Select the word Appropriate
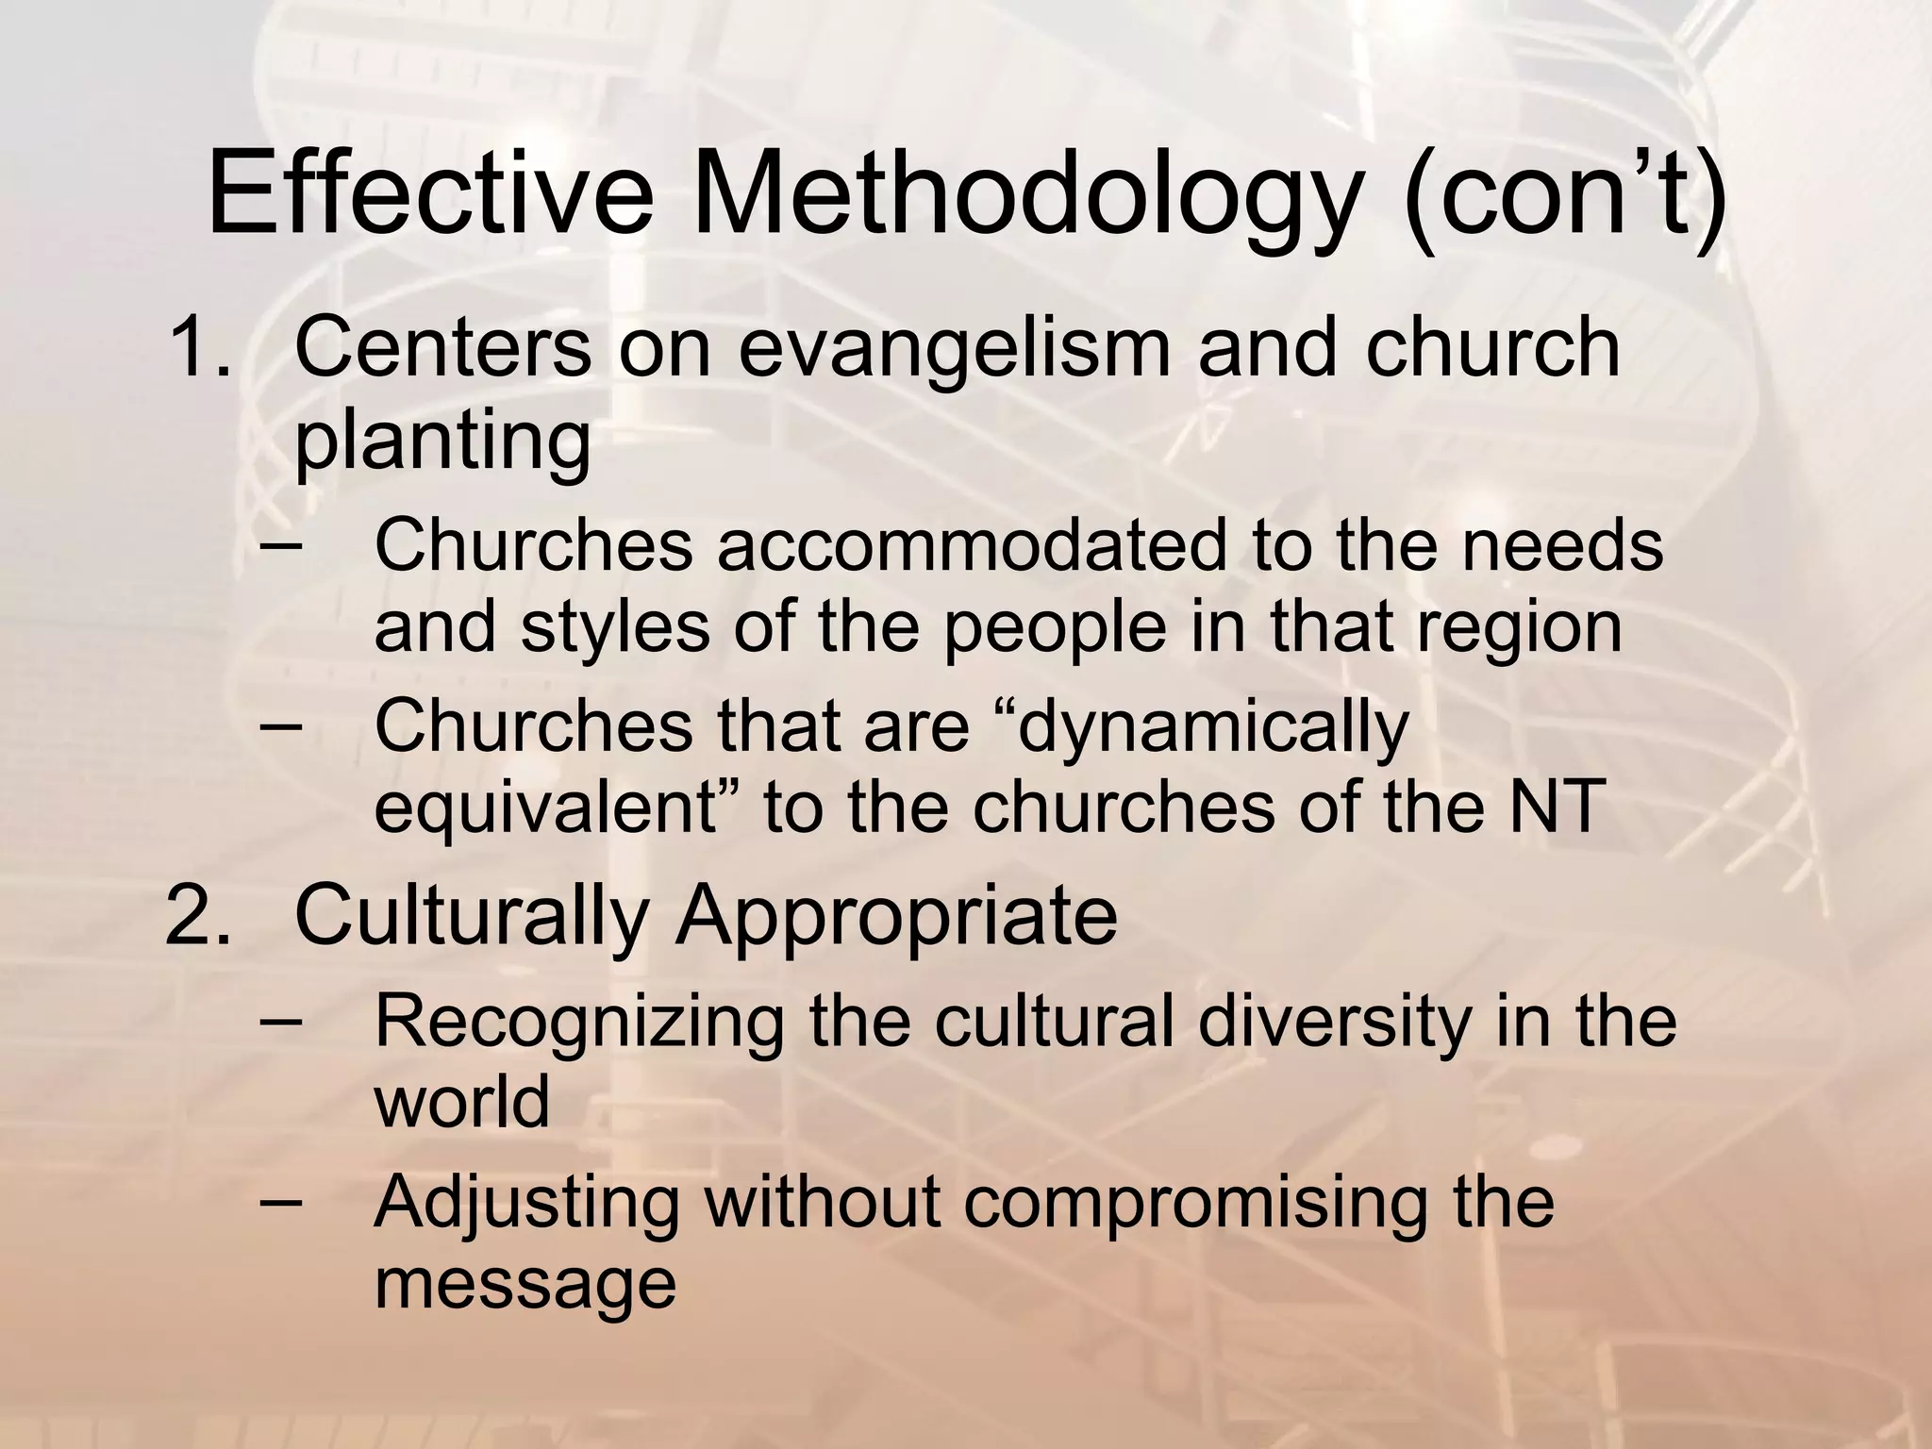[x=895, y=918]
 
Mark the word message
[x=525, y=1283]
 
